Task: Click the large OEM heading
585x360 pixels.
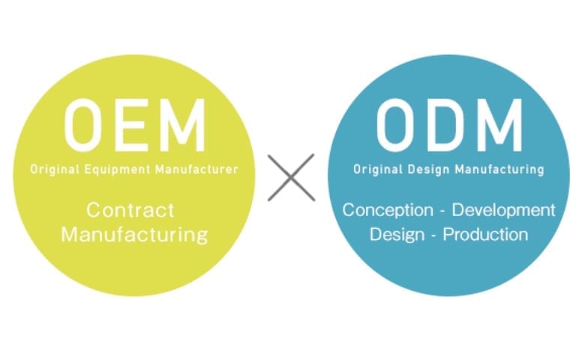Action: (135, 125)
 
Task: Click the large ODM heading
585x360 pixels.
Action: (449, 125)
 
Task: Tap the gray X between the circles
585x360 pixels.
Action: (291, 178)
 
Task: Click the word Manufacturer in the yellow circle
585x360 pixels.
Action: (196, 169)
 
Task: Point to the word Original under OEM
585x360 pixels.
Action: (55, 169)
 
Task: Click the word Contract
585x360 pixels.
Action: (130, 210)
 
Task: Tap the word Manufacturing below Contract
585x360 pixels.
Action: (134, 235)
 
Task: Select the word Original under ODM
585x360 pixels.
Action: (378, 169)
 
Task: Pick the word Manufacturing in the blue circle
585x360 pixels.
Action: (499, 169)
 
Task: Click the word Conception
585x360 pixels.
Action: (388, 211)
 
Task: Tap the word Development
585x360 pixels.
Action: (504, 211)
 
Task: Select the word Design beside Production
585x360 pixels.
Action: (397, 235)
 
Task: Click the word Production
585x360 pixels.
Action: (485, 235)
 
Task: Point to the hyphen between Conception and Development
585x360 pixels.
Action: (442, 211)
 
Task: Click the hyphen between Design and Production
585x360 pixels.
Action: (433, 236)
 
